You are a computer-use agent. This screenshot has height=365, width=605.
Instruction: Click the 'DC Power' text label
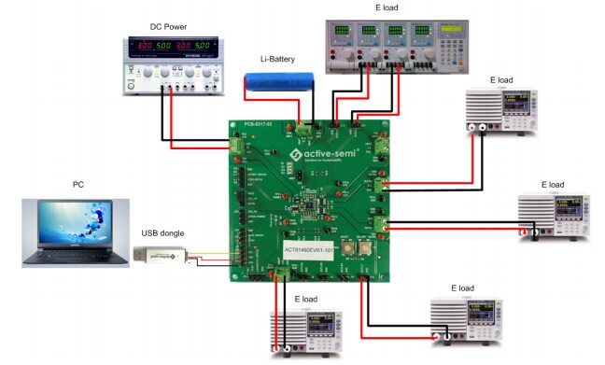point(169,26)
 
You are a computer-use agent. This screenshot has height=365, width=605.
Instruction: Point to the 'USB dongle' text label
point(162,232)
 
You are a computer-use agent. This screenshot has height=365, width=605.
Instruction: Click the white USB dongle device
point(160,256)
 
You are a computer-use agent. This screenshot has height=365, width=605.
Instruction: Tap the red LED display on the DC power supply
point(171,46)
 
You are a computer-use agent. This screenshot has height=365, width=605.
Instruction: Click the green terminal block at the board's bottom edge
point(281,272)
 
